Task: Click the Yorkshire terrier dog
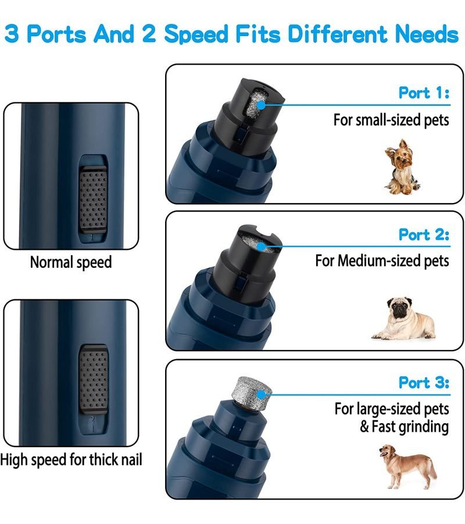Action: (x=402, y=167)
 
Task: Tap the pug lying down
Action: (x=403, y=318)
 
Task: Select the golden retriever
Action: (x=407, y=466)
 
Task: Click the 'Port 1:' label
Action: (x=424, y=93)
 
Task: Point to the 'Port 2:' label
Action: (x=424, y=235)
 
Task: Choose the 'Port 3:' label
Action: (x=424, y=383)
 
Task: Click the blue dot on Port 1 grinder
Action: (x=262, y=105)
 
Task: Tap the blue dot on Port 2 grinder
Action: (x=262, y=247)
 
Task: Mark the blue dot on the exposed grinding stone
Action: (x=262, y=395)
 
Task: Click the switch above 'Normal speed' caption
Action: (x=93, y=199)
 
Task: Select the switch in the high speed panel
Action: (x=94, y=378)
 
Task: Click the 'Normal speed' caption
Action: (x=71, y=263)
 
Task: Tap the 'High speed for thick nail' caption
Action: (x=71, y=459)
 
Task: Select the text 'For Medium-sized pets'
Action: (x=382, y=261)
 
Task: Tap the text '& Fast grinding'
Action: (x=405, y=427)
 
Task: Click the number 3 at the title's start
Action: (x=12, y=34)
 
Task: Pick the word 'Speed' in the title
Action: (x=197, y=35)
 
